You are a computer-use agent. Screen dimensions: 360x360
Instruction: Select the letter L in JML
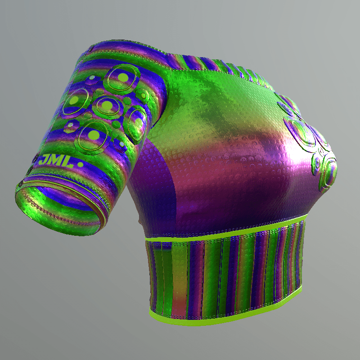click(x=67, y=162)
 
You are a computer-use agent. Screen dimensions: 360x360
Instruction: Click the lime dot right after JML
click(x=81, y=165)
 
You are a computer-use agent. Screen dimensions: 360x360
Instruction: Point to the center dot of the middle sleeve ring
click(x=107, y=105)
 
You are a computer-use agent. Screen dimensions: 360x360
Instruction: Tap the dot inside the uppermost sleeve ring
click(x=123, y=77)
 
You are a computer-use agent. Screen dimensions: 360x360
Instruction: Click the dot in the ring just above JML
click(x=94, y=135)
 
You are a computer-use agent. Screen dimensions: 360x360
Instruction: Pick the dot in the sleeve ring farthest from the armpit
click(x=74, y=100)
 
